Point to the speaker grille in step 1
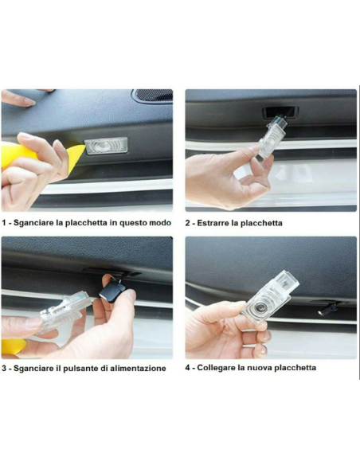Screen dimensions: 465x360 (x=152, y=96)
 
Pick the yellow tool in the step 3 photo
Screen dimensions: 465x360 (x=14, y=347)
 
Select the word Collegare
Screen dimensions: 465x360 (x=217, y=367)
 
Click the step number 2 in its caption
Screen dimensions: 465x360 (x=188, y=223)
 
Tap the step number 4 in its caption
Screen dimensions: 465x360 (x=188, y=367)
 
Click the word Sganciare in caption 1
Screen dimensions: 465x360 (x=33, y=223)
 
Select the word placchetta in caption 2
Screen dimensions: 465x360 (x=257, y=223)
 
